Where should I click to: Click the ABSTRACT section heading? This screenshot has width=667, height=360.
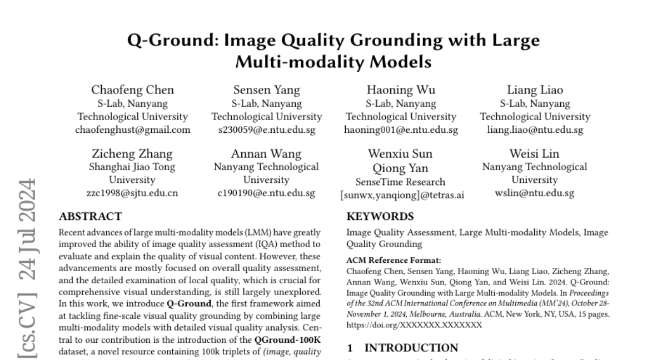click(x=90, y=216)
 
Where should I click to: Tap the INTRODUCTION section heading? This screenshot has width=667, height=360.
click(x=411, y=348)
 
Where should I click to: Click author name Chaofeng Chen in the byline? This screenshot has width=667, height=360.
click(x=132, y=90)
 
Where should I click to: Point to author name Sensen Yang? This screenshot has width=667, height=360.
click(x=267, y=90)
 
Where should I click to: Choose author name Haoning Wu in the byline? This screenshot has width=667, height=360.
click(x=401, y=90)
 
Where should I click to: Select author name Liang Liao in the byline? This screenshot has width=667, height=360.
click(x=535, y=90)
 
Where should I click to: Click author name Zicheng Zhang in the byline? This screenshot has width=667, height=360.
click(x=132, y=153)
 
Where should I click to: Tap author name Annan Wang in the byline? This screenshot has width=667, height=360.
click(x=267, y=153)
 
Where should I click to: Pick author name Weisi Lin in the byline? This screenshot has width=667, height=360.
click(x=535, y=153)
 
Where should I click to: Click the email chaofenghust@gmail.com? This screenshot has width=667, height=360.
click(x=132, y=130)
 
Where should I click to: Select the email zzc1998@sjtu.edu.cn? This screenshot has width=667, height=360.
click(x=132, y=193)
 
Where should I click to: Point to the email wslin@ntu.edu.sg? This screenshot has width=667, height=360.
click(x=535, y=193)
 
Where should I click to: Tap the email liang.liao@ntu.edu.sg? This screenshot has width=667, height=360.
click(x=535, y=130)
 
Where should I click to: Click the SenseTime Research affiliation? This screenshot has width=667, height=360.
click(x=401, y=182)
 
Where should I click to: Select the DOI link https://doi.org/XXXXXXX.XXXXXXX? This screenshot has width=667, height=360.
click(x=414, y=325)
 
